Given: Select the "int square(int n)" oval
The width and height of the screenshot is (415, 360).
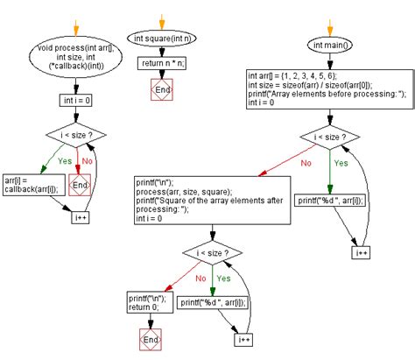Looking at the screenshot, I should [x=162, y=38].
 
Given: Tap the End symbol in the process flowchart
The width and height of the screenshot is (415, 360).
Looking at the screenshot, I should [x=79, y=186].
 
